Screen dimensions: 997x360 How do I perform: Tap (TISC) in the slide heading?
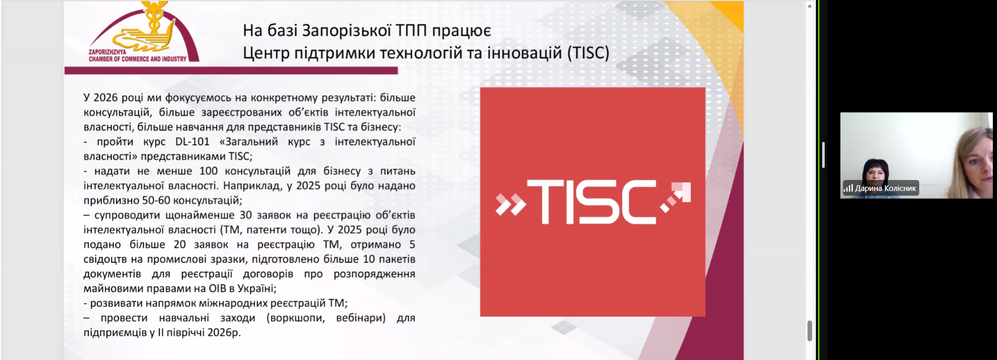tap(588, 53)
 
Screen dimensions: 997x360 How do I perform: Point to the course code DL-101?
tap(192, 141)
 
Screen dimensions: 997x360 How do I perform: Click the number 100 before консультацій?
tap(208, 171)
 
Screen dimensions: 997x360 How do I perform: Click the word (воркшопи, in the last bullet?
tap(295, 318)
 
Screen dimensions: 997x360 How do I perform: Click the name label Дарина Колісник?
tap(885, 188)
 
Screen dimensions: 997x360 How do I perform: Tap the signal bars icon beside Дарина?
tap(848, 188)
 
